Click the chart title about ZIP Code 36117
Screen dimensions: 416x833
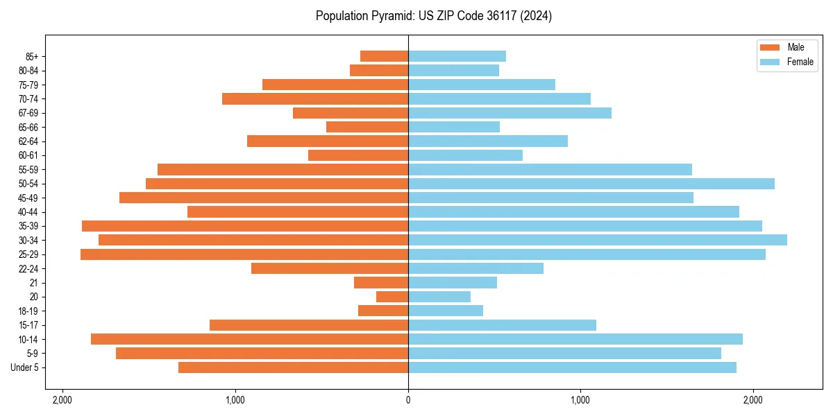tap(433, 16)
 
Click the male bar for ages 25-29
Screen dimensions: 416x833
tap(244, 254)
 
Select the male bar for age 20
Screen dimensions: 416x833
tap(392, 297)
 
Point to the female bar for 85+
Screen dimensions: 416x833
tap(457, 56)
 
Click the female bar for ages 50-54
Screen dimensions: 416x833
tap(591, 184)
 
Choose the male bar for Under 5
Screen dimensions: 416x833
tap(293, 367)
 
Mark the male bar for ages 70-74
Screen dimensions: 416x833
tap(315, 99)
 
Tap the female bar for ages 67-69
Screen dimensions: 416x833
tap(510, 113)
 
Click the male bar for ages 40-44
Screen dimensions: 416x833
tap(298, 211)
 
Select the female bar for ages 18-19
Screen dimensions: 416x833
tap(445, 311)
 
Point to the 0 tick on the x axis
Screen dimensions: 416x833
tap(408, 399)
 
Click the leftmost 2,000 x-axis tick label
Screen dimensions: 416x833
tap(62, 399)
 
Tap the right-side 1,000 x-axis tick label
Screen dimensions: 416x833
tap(580, 399)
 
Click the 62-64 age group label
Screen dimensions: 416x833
tap(28, 141)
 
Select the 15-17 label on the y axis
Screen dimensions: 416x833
tap(28, 325)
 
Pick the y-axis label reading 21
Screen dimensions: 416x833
tap(34, 283)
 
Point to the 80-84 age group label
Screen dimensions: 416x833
tap(28, 71)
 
